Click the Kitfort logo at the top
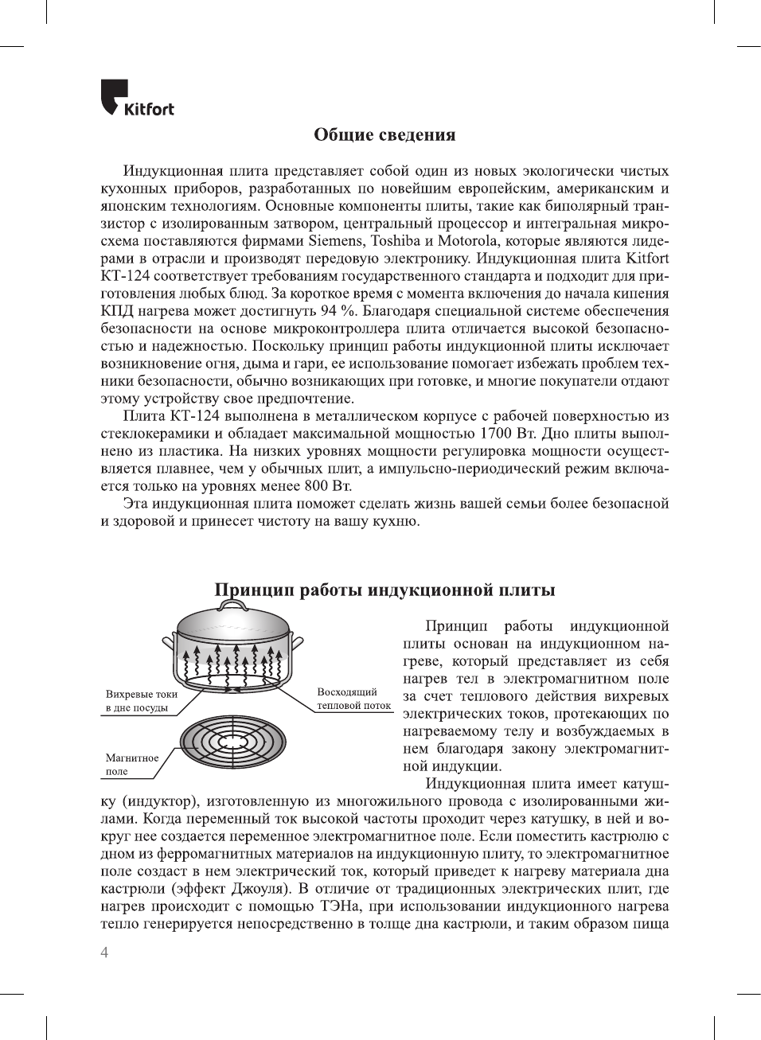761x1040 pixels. (137, 98)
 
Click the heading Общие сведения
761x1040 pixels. (384, 134)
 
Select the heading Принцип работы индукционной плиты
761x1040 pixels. (384, 590)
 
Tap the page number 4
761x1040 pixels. (104, 952)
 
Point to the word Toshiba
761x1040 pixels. (396, 241)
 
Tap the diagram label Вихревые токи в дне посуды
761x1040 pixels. (141, 701)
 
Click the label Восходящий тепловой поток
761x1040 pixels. (353, 699)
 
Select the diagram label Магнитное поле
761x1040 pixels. (131, 765)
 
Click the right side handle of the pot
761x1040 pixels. (298, 641)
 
